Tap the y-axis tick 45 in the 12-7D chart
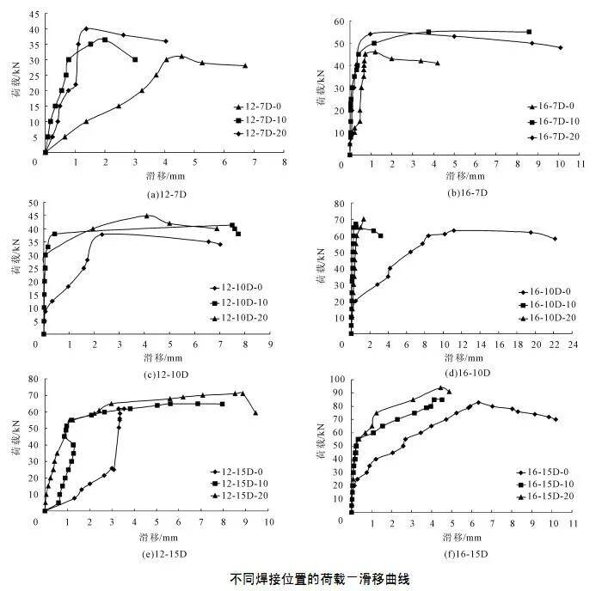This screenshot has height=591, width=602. pos(34,14)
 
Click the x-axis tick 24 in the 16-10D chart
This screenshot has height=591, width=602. pos(574,344)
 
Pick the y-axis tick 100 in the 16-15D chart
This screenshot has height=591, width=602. pos(338,379)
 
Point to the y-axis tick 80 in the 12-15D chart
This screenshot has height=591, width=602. pos(33,379)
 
